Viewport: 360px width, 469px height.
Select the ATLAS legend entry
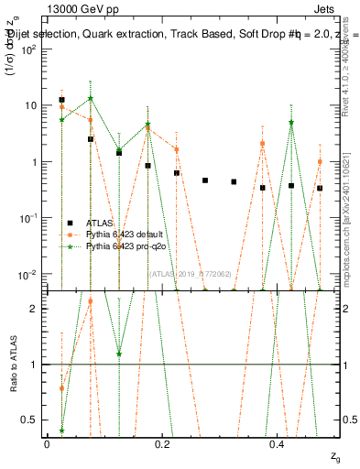click(x=100, y=223)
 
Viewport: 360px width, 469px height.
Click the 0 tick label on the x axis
click(x=47, y=443)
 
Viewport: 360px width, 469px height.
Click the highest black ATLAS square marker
click(x=61, y=100)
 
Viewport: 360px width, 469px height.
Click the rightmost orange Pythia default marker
click(x=320, y=161)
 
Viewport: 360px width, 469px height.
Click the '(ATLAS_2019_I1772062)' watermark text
click(x=191, y=272)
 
